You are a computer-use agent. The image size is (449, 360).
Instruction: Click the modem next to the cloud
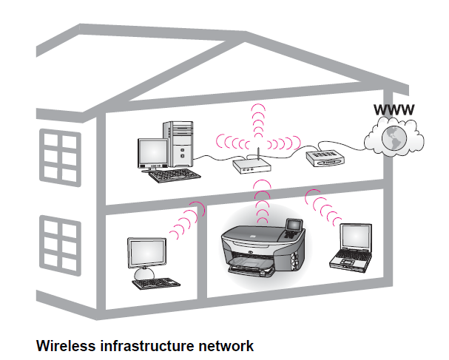(324, 156)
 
